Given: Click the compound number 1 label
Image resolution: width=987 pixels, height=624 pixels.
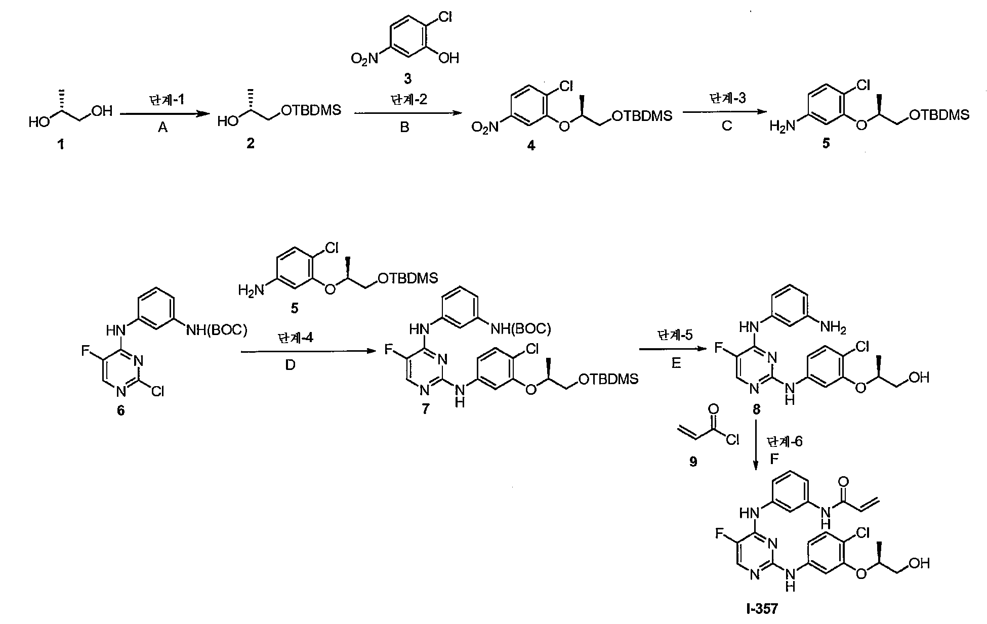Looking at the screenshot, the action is click(61, 145).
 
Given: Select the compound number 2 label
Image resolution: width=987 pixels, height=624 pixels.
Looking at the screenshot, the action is click(250, 144).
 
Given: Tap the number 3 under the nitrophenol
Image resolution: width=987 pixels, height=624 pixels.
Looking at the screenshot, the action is click(407, 78).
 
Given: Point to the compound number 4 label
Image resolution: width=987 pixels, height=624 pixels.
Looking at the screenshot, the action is click(530, 146).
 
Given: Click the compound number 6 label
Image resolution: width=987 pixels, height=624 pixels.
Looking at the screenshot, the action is click(120, 410).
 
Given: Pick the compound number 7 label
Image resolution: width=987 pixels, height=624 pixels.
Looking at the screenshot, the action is click(425, 409).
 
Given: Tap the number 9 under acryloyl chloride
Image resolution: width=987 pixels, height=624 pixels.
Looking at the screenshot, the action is click(693, 462).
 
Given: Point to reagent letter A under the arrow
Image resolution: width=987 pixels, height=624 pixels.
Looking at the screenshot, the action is click(162, 129).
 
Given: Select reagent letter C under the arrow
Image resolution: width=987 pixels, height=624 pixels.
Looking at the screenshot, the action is click(727, 126).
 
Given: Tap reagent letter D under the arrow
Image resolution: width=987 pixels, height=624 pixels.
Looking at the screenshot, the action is click(290, 365).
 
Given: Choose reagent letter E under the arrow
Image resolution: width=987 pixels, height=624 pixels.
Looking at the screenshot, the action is click(676, 363).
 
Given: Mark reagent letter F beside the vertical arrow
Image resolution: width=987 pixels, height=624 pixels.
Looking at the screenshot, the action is click(774, 460).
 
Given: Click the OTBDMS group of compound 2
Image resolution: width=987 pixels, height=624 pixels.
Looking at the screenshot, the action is click(311, 110).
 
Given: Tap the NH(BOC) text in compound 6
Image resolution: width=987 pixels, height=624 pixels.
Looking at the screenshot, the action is click(217, 330).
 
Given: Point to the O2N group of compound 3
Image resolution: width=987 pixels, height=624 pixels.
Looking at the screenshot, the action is click(364, 60).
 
